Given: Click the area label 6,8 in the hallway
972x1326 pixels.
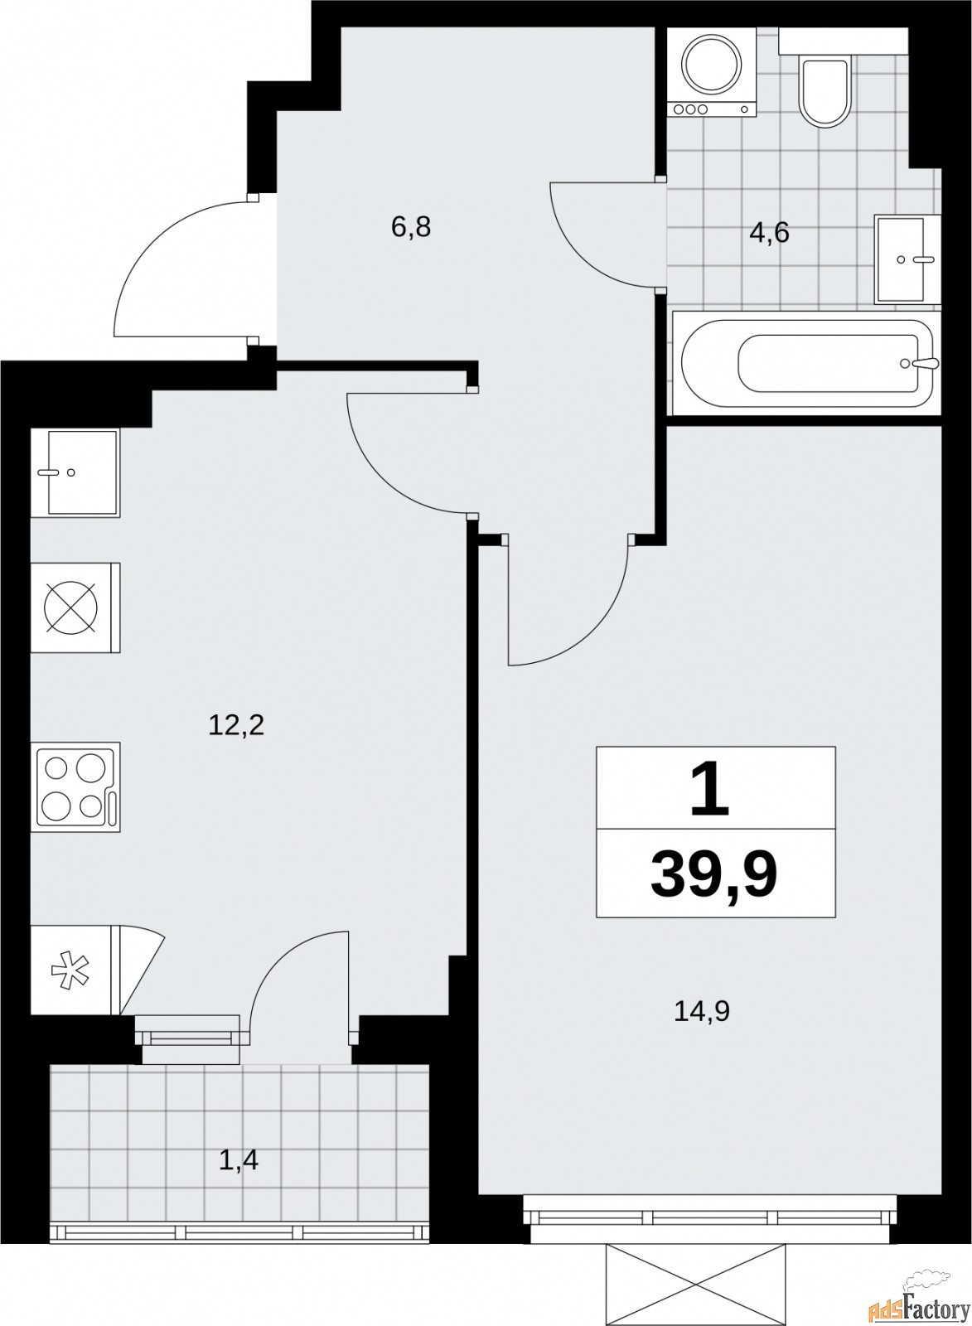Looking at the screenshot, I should click(411, 226).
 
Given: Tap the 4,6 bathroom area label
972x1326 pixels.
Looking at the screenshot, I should click(769, 233).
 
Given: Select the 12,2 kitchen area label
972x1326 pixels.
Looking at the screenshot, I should click(236, 726).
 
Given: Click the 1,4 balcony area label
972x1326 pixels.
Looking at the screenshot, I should click(239, 1160).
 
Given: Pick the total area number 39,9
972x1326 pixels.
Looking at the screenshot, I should click(714, 874).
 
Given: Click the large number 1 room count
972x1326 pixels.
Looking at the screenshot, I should click(710, 790).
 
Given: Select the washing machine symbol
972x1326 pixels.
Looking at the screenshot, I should click(712, 70).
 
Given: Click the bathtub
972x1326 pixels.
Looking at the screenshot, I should click(805, 363).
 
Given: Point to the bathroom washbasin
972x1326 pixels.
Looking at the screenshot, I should click(905, 259).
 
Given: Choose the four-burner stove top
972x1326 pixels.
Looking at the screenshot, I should click(75, 787).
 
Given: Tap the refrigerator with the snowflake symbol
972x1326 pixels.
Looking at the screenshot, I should click(72, 970).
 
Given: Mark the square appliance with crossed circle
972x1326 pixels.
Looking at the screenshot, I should click(75, 607).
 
